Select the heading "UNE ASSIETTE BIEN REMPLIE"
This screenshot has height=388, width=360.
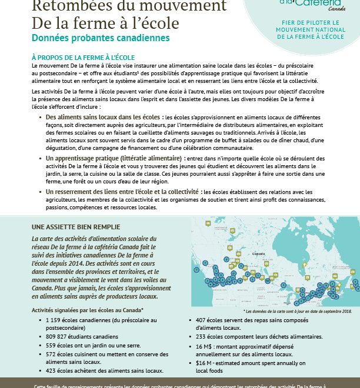coord(75,226)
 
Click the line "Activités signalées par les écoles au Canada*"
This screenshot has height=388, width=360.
coord(87,309)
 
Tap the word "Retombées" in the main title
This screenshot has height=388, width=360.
coord(67,6)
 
